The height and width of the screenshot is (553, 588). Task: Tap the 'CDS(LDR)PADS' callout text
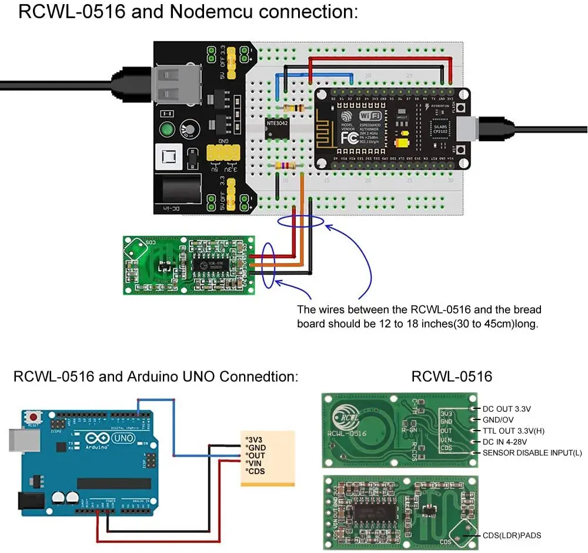512,535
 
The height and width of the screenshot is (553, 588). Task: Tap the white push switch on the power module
166,158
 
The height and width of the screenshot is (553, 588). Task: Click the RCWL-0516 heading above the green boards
452,377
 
